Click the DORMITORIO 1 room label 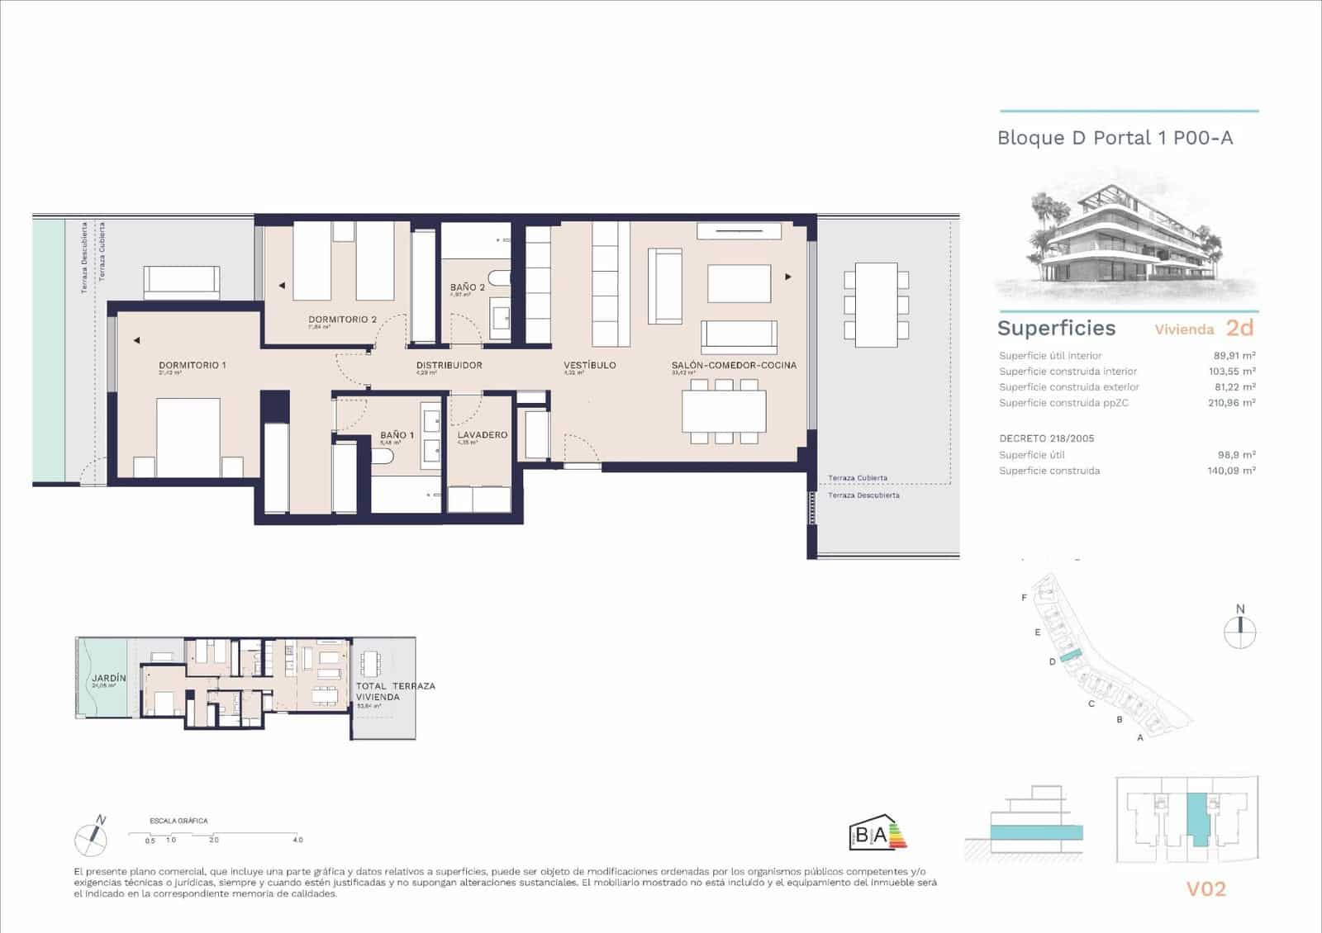coord(192,365)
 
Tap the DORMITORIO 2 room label coord(342,320)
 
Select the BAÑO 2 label coord(468,287)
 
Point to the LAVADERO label coord(483,435)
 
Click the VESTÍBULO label coord(590,365)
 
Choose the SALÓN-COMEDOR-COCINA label coord(734,365)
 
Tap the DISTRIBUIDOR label coord(449,365)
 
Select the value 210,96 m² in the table coord(1231,403)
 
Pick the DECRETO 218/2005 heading coord(1046,438)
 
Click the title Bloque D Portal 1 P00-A coord(1115,138)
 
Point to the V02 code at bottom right coord(1205,889)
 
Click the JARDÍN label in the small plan coord(109,678)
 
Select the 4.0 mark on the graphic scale coord(297,840)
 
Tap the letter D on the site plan coord(1053,661)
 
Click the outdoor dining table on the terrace coord(876,305)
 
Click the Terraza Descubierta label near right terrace coord(863,495)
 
